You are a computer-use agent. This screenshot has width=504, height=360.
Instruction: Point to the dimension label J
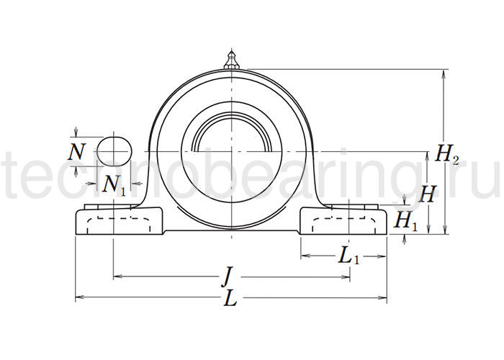click(228, 276)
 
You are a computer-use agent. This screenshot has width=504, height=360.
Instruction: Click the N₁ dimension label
click(114, 185)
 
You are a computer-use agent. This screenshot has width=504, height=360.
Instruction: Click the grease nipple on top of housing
click(231, 60)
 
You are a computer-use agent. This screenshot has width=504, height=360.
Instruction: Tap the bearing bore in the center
click(231, 153)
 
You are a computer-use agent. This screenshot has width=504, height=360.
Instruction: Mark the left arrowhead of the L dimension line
click(78, 297)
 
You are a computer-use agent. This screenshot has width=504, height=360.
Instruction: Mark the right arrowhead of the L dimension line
click(384, 297)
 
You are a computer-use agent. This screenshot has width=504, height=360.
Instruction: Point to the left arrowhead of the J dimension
click(117, 276)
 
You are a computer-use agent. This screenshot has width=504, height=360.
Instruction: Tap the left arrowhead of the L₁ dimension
click(303, 255)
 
